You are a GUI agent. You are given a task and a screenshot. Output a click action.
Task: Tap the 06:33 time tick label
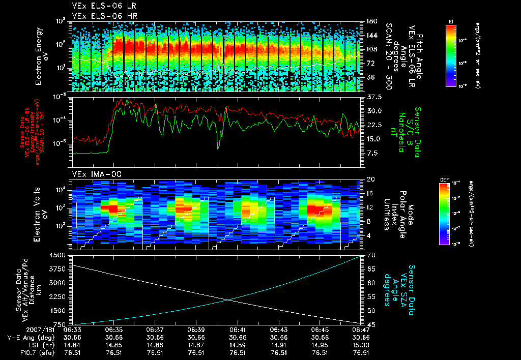point(72,329)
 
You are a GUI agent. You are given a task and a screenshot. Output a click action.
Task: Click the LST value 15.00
point(361,345)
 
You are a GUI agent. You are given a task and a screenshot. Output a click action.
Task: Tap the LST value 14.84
point(72,345)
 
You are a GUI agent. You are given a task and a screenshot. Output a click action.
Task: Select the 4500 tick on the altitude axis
point(58,255)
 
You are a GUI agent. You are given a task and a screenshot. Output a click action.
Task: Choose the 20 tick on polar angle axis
point(369,179)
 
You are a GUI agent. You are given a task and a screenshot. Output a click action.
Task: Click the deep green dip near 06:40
point(218,147)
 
